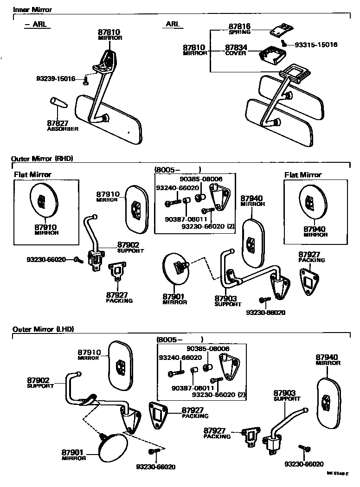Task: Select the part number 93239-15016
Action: [x=56, y=79]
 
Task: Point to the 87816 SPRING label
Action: [x=239, y=29]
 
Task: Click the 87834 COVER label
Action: [x=236, y=50]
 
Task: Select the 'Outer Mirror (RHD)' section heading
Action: [x=42, y=159]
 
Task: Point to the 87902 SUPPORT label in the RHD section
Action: [x=130, y=247]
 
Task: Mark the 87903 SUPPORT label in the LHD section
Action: [x=287, y=395]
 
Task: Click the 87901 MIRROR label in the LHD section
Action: [x=74, y=455]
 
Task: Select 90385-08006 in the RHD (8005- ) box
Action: [x=201, y=179]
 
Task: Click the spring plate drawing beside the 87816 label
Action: [x=280, y=31]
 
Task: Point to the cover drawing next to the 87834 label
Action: [x=272, y=54]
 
